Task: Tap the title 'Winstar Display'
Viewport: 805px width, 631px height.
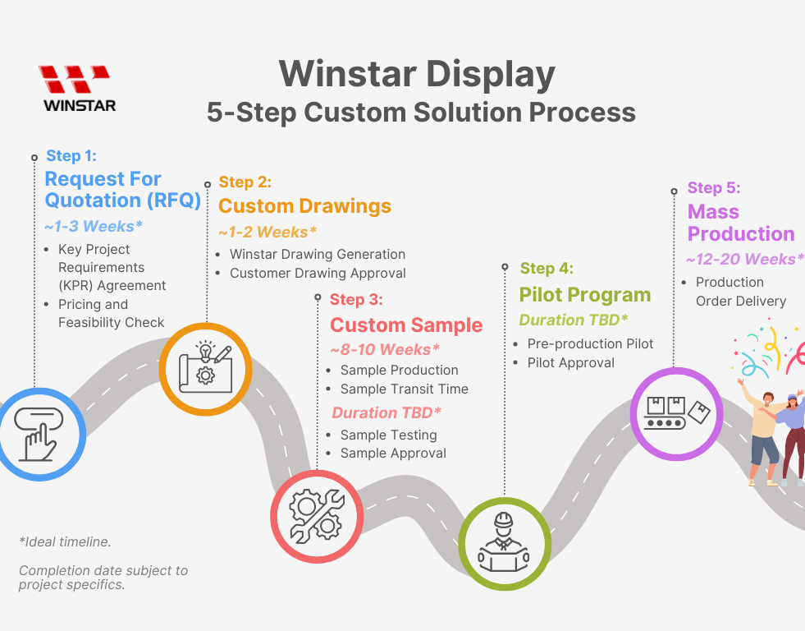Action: click(417, 74)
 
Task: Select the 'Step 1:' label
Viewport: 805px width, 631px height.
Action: click(71, 155)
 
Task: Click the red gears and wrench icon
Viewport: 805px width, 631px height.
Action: click(317, 515)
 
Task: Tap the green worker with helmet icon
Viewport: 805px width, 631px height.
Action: click(503, 541)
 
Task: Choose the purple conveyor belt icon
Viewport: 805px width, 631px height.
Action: click(676, 412)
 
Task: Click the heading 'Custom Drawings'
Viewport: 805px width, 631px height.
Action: click(304, 205)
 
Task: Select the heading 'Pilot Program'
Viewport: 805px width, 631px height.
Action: click(584, 295)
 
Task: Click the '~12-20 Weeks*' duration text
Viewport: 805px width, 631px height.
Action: click(744, 260)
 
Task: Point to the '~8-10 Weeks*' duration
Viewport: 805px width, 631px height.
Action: click(385, 349)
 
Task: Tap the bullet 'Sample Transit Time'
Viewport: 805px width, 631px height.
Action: click(404, 389)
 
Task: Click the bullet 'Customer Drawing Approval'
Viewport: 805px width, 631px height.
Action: click(317, 273)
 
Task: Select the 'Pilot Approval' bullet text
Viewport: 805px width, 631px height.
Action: click(570, 362)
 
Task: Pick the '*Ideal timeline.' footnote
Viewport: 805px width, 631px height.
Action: click(65, 541)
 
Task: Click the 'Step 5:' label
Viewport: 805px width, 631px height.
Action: click(714, 188)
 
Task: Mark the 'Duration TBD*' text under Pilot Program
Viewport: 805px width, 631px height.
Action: click(574, 320)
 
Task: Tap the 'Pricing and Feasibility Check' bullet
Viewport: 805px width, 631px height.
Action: click(111, 313)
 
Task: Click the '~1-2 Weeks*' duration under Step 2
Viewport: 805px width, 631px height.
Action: click(268, 232)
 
